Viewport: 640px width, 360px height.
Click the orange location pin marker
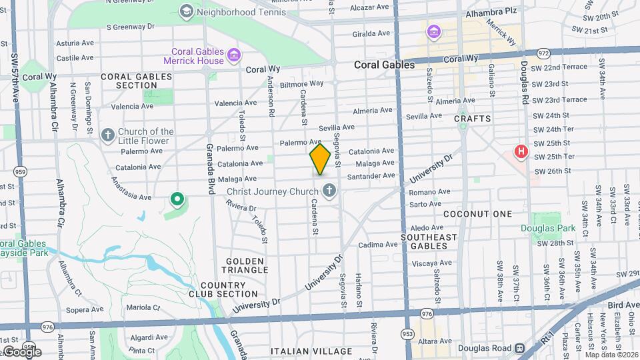(x=320, y=159)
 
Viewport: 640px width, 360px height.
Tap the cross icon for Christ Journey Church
(x=328, y=192)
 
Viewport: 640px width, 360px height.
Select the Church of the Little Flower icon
(x=107, y=136)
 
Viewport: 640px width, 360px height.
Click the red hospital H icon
(x=521, y=153)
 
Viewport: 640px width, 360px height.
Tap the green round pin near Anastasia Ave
(x=177, y=198)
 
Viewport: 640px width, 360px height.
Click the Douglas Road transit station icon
(x=519, y=347)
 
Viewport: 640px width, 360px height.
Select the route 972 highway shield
(x=543, y=51)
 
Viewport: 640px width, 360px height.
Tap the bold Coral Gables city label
(x=384, y=65)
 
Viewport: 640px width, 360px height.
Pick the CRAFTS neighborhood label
(x=473, y=119)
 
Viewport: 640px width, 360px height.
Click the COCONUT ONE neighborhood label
(x=477, y=214)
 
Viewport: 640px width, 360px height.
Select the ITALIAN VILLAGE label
(x=311, y=351)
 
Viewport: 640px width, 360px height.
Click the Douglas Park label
(x=547, y=228)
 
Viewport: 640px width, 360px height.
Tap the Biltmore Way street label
(x=301, y=84)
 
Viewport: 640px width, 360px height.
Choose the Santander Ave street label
(x=371, y=176)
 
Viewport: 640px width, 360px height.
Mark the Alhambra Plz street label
(x=491, y=11)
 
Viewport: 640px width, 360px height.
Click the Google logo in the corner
(x=23, y=351)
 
